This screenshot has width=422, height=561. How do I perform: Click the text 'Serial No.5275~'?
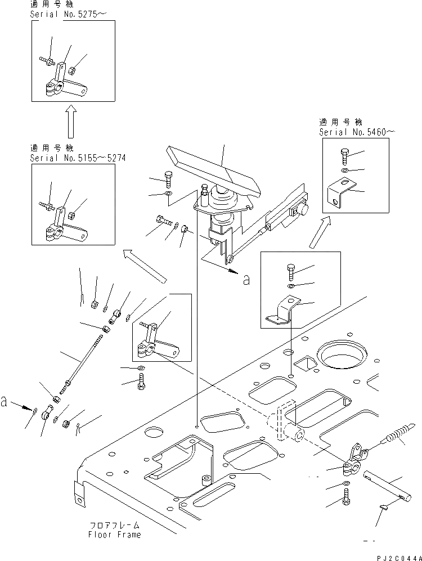(x=70, y=14)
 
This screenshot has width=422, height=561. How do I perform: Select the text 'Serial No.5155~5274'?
(x=78, y=158)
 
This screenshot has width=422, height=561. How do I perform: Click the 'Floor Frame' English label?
(x=115, y=535)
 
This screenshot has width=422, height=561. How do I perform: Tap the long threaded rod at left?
(x=85, y=365)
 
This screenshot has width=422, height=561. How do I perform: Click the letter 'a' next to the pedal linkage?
(x=245, y=280)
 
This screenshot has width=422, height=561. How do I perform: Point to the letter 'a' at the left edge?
(x=6, y=402)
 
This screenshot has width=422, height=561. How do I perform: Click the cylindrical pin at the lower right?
(x=385, y=483)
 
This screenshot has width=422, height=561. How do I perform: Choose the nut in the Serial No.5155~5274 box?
(x=72, y=215)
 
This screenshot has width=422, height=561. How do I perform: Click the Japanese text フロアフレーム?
(x=115, y=525)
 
